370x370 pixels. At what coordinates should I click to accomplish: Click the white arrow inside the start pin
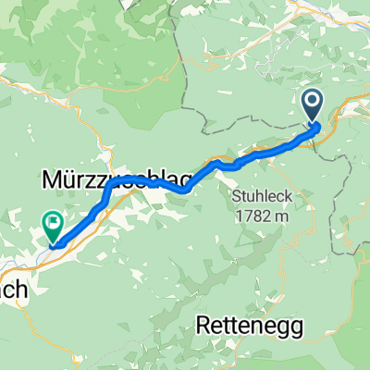(x=311, y=103)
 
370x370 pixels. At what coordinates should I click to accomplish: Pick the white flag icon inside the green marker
(x=52, y=221)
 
